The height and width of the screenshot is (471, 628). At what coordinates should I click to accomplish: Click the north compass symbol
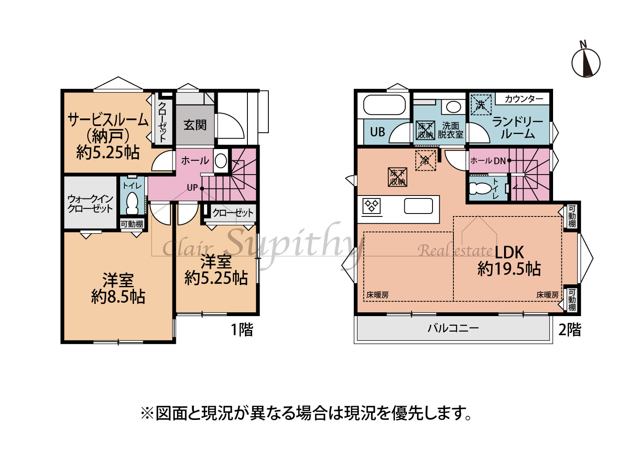[585, 63]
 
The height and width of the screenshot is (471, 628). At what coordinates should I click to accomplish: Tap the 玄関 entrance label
[195, 125]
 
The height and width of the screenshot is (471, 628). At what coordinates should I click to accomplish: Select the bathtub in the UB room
[384, 105]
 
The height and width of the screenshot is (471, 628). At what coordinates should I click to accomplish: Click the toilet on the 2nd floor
[481, 188]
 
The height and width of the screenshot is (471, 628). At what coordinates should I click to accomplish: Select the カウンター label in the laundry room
[524, 99]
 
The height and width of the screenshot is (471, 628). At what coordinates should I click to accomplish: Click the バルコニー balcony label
[453, 328]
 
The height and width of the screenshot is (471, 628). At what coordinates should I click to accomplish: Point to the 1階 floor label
[242, 329]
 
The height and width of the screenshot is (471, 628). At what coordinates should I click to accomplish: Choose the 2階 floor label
[570, 329]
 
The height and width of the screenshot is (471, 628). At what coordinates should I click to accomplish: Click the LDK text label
[509, 252]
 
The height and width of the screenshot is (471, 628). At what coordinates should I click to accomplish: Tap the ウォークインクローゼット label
[90, 203]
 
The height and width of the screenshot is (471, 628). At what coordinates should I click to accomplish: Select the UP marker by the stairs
[192, 188]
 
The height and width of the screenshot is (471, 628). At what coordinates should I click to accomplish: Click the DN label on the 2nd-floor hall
[500, 161]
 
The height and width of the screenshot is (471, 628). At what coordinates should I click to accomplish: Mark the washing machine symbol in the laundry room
[481, 105]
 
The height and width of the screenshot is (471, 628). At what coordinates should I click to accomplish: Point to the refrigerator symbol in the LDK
[425, 160]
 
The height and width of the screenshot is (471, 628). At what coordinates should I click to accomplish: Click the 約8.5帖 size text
[118, 297]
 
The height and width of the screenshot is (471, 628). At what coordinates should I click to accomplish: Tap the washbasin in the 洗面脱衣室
[453, 107]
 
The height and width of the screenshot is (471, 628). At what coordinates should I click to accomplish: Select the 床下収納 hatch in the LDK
[397, 177]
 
